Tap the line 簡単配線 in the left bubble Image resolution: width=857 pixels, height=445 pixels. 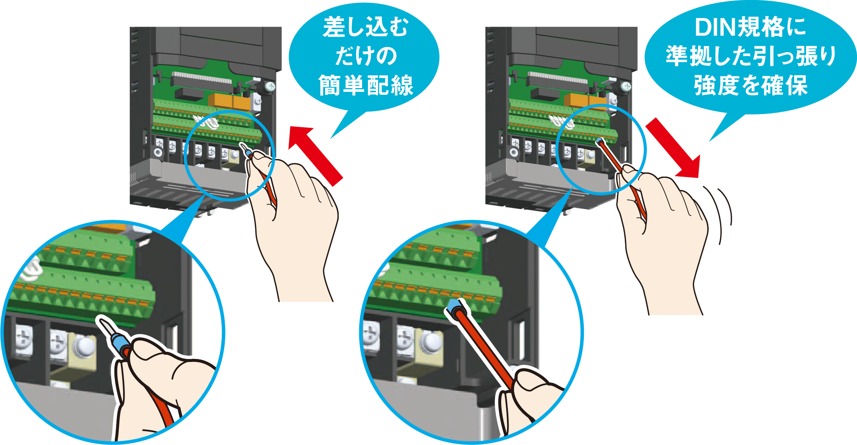coord(366,85)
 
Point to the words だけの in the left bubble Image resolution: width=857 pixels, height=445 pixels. coord(366,56)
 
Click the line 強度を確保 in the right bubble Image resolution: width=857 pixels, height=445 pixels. coord(751,85)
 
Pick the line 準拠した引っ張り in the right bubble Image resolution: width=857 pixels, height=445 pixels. coord(751,56)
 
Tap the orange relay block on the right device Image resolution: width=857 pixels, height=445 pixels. coord(585,101)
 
